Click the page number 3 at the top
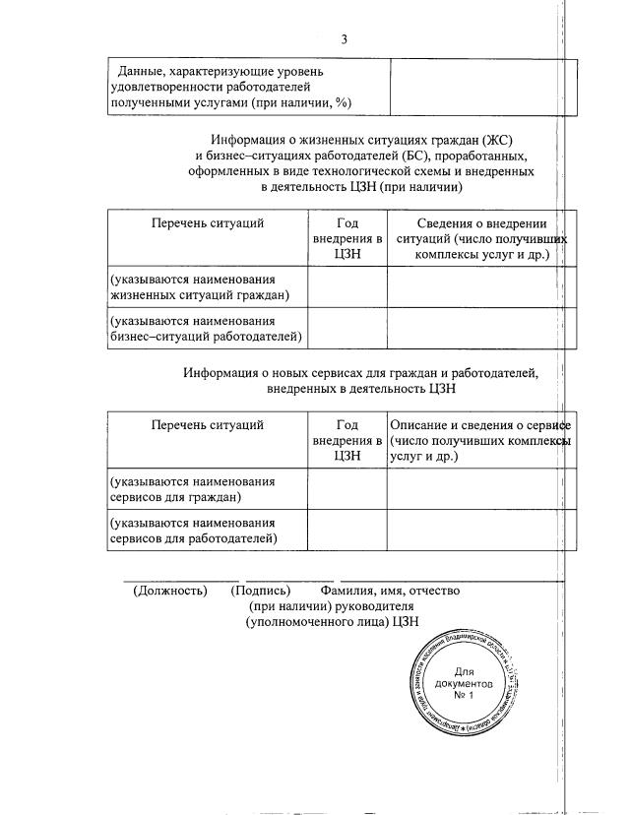(x=344, y=39)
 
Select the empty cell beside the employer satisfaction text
(x=472, y=88)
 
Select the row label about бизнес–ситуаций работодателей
(x=206, y=329)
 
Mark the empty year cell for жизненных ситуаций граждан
(x=346, y=287)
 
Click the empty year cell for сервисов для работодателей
(x=346, y=531)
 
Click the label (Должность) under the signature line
(x=170, y=591)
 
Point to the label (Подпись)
(x=260, y=591)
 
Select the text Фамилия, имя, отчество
(x=390, y=591)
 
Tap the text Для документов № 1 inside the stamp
(x=465, y=682)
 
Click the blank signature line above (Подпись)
(x=289, y=579)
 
